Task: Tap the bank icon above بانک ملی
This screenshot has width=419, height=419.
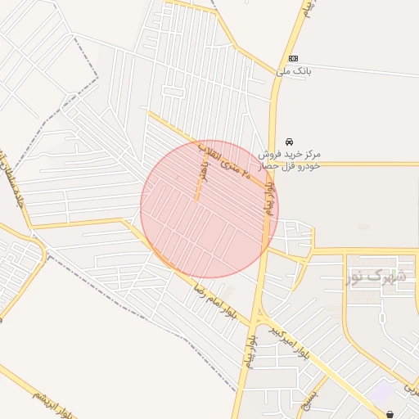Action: coord(293,58)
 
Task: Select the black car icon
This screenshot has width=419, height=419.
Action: coord(289,142)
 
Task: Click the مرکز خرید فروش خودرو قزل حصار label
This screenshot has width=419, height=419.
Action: coord(290,160)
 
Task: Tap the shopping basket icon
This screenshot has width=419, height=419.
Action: coord(390,414)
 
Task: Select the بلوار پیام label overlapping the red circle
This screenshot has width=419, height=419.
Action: coord(268,201)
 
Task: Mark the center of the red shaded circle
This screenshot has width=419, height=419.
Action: coord(209,209)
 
